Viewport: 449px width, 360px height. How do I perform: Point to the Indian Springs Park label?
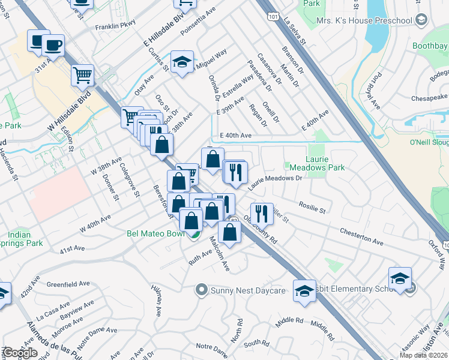pos(25,239)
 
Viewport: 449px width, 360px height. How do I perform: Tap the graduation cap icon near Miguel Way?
pos(182,62)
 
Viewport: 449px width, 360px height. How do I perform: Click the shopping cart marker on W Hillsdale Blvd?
pos(83,75)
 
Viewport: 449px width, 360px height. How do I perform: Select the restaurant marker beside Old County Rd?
pos(262,214)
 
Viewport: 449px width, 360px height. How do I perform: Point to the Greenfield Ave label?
pos(68,284)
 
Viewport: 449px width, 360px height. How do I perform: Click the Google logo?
pos(20,353)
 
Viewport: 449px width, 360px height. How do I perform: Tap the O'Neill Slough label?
pos(428,142)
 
